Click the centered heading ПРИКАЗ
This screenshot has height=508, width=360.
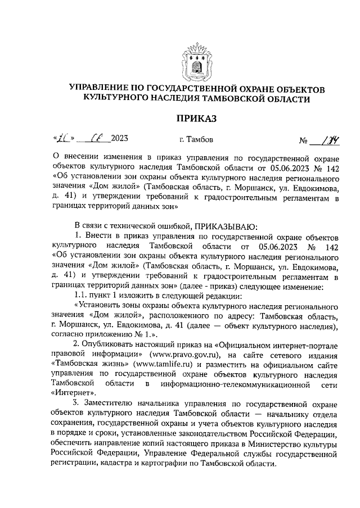pyautogui.click(x=196, y=119)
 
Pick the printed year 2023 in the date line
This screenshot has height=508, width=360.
pyautogui.click(x=120, y=138)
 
